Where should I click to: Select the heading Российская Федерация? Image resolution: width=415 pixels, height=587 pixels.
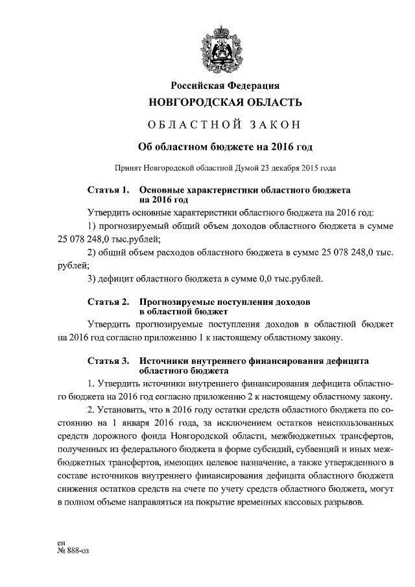(x=225, y=86)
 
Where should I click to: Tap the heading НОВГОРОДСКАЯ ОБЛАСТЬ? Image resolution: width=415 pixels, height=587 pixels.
(x=225, y=102)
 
